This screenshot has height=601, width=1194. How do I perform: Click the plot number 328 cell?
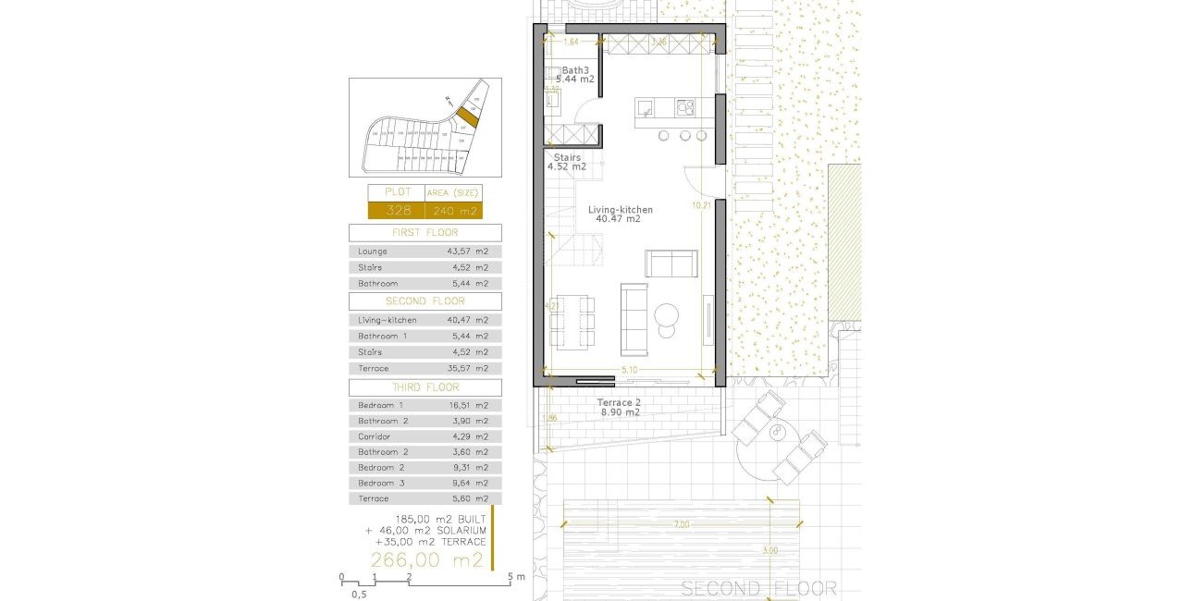398,210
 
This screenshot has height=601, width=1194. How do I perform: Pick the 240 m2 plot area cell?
452,210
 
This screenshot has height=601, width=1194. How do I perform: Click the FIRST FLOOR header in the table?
425,233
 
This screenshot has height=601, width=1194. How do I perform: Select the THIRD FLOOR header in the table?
425,388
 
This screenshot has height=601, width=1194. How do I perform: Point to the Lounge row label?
373,251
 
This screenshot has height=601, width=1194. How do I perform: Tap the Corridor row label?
375,436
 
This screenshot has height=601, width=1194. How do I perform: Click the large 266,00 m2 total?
426,560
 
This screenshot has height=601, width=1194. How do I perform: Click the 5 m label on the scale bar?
516,577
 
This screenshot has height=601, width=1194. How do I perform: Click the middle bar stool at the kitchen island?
685,136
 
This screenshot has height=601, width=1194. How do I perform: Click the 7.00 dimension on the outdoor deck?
682,525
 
